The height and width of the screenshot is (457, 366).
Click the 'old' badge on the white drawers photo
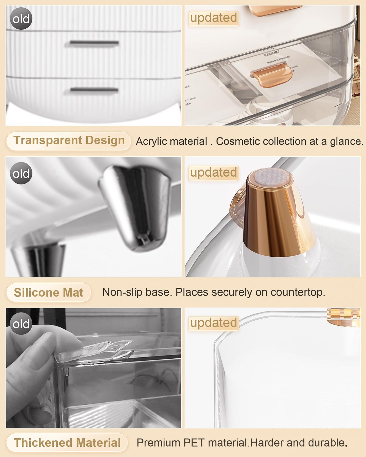21,19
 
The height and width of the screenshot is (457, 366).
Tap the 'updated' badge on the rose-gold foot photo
214,173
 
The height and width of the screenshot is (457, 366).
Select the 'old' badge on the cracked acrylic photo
21,324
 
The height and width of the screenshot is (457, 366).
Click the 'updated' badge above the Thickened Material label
214,323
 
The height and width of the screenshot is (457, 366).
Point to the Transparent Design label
69,141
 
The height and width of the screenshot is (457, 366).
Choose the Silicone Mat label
48,292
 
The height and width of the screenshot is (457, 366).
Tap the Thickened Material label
67,443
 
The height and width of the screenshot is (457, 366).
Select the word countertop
298,292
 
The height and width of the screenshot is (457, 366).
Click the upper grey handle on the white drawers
94,43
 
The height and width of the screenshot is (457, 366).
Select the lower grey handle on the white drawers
94,90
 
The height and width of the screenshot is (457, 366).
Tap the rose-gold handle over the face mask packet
272,75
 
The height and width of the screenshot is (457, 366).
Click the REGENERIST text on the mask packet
272,53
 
